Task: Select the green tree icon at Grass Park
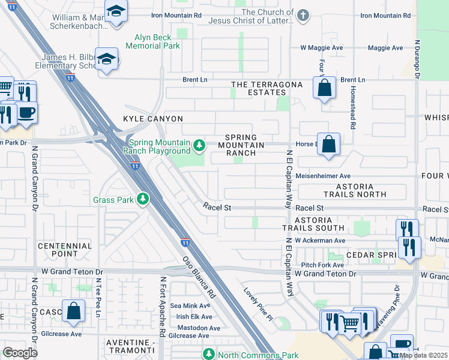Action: click(142, 199)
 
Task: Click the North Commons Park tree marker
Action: click(208, 355)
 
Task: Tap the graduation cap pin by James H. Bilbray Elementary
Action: click(107, 59)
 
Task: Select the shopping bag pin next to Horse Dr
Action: click(328, 144)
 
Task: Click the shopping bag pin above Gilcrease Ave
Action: click(73, 311)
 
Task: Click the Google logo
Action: click(20, 352)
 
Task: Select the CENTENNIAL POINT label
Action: click(65, 250)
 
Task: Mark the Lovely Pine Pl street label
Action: click(258, 303)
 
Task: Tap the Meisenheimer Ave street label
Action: click(323, 176)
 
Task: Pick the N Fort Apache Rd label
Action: click(162, 306)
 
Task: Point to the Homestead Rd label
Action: click(353, 107)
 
